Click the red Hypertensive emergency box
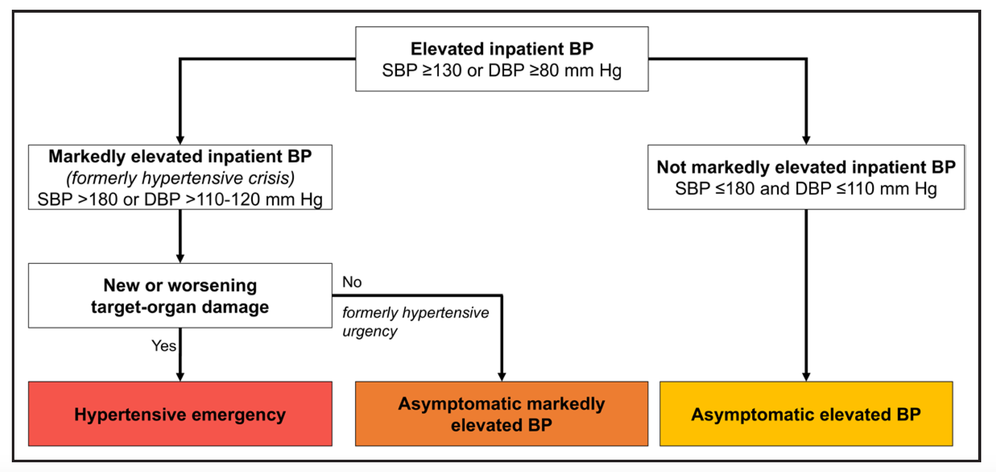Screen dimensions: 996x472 pyautogui.click(x=180, y=414)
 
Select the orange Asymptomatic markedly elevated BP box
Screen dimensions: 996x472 pyautogui.click(x=501, y=414)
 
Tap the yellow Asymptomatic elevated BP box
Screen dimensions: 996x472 pyautogui.click(x=806, y=414)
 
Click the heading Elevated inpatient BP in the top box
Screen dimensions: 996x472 pyautogui.click(x=502, y=49)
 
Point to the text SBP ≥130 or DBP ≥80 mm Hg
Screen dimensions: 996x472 pyautogui.click(x=502, y=70)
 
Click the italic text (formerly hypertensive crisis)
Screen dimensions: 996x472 pyautogui.click(x=180, y=178)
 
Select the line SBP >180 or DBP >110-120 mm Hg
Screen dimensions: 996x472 pyautogui.click(x=180, y=199)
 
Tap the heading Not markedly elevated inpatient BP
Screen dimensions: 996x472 pyautogui.click(x=806, y=167)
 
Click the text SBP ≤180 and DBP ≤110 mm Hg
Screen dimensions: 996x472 pyautogui.click(x=806, y=189)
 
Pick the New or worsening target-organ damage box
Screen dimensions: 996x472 pyautogui.click(x=180, y=296)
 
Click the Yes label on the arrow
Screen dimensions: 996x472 pyautogui.click(x=164, y=346)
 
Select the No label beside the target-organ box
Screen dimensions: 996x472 pyautogui.click(x=352, y=282)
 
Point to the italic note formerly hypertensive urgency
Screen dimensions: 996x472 pyautogui.click(x=415, y=322)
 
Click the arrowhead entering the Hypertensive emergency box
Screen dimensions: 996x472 pyautogui.click(x=180, y=377)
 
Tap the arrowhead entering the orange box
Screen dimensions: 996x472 pyautogui.click(x=502, y=377)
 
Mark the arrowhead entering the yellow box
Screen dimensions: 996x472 pyautogui.click(x=806, y=377)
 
